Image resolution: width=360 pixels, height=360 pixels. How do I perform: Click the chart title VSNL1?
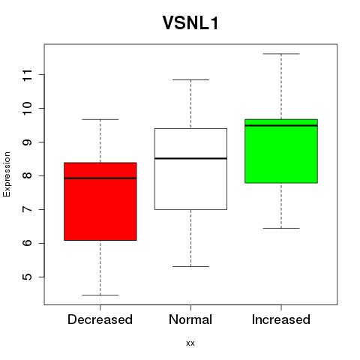pyautogui.click(x=190, y=23)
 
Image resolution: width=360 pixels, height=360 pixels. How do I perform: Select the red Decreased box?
pyautogui.click(x=100, y=202)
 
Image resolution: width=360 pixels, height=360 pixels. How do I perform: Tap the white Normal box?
pyautogui.click(x=190, y=169)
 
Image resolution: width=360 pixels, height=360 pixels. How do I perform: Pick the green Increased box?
pyautogui.click(x=281, y=151)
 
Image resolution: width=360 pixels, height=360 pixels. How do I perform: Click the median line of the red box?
pyautogui.click(x=100, y=178)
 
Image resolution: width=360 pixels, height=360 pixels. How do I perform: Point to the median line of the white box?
pyautogui.click(x=190, y=158)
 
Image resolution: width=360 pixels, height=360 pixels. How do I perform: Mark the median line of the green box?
pyautogui.click(x=281, y=125)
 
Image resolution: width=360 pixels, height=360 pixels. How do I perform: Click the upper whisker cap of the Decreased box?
pyautogui.click(x=100, y=119)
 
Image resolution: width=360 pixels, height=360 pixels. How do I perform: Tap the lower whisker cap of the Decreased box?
pyautogui.click(x=100, y=295)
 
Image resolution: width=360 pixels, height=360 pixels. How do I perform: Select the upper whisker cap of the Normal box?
pyautogui.click(x=190, y=79)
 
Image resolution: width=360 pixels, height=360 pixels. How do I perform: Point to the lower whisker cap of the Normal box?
pyautogui.click(x=190, y=266)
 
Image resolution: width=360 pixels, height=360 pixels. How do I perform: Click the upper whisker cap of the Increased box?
pyautogui.click(x=281, y=54)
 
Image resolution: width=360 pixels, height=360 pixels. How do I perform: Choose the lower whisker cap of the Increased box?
pyautogui.click(x=281, y=228)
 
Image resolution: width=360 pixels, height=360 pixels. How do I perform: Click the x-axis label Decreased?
pyautogui.click(x=100, y=319)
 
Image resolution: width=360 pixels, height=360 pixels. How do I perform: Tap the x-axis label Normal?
pyautogui.click(x=190, y=319)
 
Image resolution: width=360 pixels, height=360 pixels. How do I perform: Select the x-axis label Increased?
pyautogui.click(x=281, y=319)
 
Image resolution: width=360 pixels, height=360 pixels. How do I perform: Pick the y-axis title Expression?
pyautogui.click(x=7, y=174)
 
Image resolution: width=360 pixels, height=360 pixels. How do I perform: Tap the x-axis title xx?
pyautogui.click(x=190, y=343)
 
